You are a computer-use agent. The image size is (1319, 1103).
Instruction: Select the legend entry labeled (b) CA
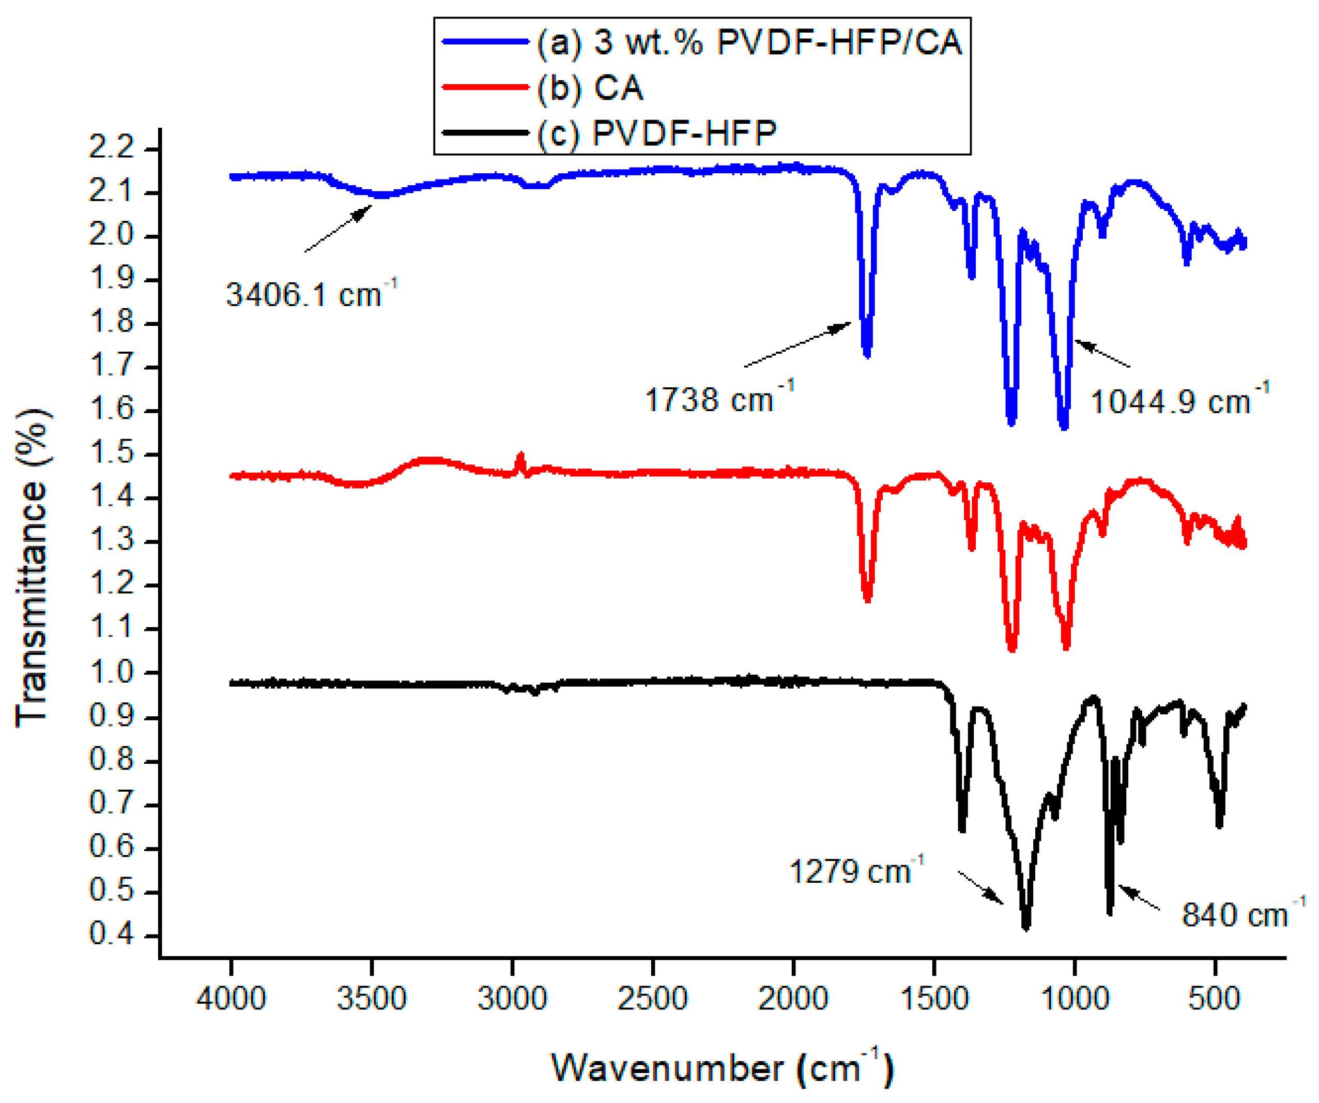pyautogui.click(x=590, y=87)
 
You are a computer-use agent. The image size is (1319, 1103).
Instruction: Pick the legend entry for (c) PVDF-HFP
pyautogui.click(x=656, y=132)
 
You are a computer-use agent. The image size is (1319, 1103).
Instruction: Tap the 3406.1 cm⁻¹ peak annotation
pyautogui.click(x=311, y=294)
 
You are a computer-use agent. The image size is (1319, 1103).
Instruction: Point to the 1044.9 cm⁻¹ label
pyautogui.click(x=1179, y=400)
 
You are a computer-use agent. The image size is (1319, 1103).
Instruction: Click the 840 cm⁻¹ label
pyautogui.click(x=1243, y=914)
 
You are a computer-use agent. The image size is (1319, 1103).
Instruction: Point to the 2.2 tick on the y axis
pyautogui.click(x=112, y=148)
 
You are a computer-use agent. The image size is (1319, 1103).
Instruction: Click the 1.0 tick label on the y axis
pyautogui.click(x=112, y=672)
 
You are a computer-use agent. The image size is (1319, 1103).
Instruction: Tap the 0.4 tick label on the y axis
pyautogui.click(x=112, y=934)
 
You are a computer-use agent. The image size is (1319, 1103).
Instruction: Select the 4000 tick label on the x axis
pyautogui.click(x=231, y=998)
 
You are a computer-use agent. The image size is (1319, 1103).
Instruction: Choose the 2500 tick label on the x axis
pyautogui.click(x=653, y=998)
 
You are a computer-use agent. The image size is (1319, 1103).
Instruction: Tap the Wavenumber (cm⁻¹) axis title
pyautogui.click(x=723, y=1067)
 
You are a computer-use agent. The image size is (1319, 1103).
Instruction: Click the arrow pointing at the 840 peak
pyautogui.click(x=1139, y=897)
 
